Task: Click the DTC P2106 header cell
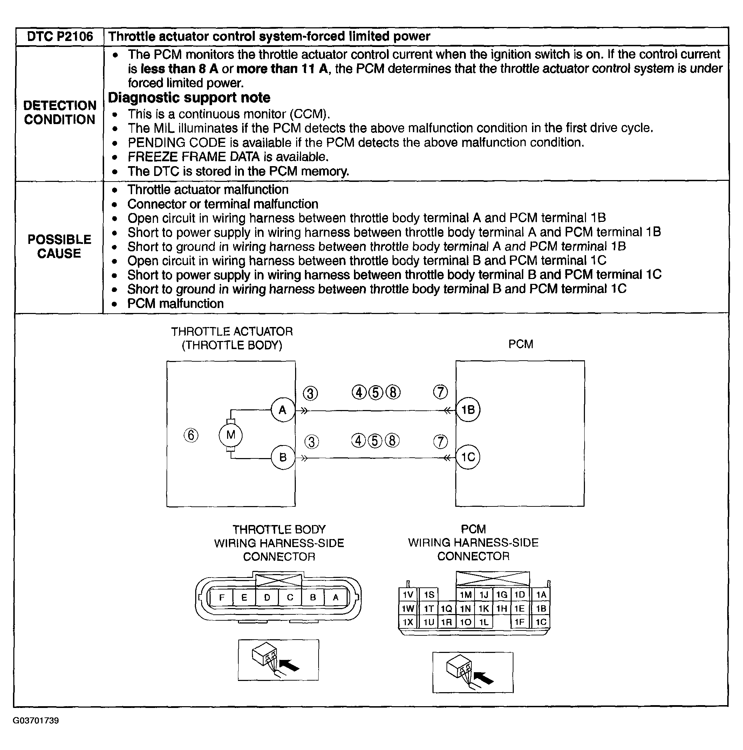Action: coord(60,36)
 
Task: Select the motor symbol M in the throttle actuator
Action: coord(231,435)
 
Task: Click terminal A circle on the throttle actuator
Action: coord(282,410)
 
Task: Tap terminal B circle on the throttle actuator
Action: coord(282,457)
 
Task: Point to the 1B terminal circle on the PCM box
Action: coord(468,410)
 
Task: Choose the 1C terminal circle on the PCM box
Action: coord(468,457)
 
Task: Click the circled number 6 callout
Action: coord(191,435)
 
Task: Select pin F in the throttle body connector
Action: coord(221,597)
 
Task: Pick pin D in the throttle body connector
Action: coord(267,597)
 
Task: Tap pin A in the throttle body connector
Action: coord(336,597)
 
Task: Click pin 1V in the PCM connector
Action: coord(408,595)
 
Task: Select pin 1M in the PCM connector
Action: coord(465,595)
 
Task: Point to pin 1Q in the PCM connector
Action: coord(447,609)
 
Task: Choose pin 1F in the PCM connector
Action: coord(519,622)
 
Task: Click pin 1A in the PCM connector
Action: coord(541,595)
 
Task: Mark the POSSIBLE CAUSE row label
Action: coord(59,246)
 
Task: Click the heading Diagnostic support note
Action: coord(189,97)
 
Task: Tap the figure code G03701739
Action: coord(36,721)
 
